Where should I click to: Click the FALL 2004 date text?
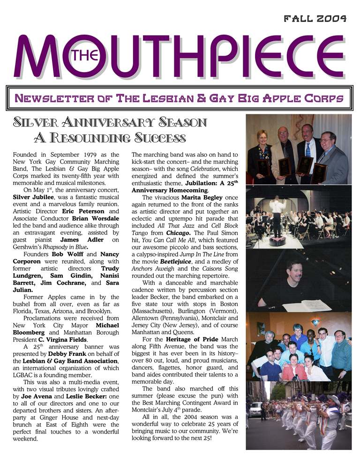point(315,19)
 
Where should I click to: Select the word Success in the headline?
point(160,138)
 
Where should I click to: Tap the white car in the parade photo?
point(256,409)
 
